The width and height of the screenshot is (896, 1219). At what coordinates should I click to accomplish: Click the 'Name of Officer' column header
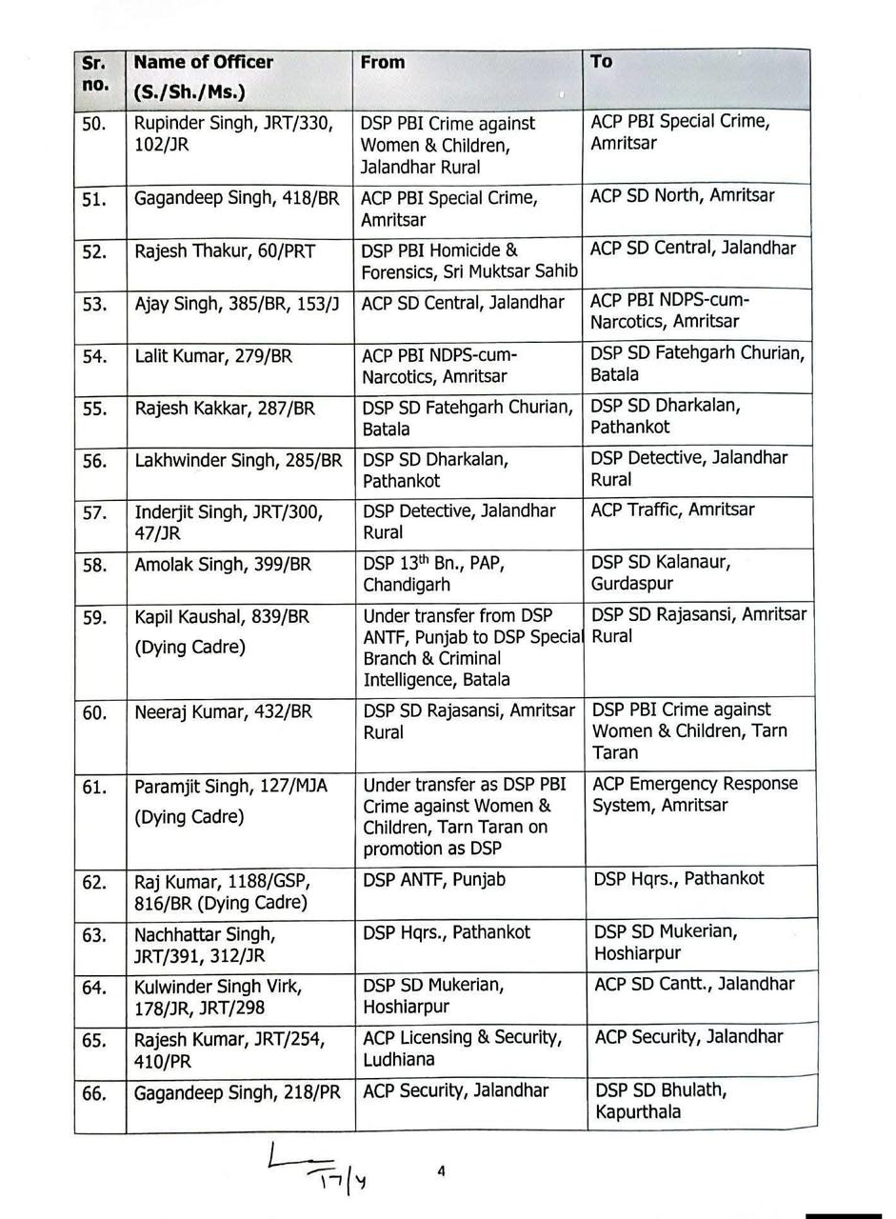pyautogui.click(x=204, y=63)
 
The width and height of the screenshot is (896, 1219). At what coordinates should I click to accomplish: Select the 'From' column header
pyautogui.click(x=383, y=63)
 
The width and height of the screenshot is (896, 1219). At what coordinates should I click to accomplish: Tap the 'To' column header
pyautogui.click(x=601, y=62)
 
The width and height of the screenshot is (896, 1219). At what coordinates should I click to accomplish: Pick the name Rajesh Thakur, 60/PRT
pyautogui.click(x=225, y=251)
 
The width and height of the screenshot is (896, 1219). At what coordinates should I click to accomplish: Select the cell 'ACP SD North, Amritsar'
pyautogui.click(x=683, y=196)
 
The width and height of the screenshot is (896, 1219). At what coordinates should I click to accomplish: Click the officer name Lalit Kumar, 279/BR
pyautogui.click(x=213, y=356)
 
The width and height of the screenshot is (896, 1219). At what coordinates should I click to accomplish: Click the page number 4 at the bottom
pyautogui.click(x=441, y=1172)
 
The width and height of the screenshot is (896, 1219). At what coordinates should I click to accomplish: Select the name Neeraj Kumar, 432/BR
pyautogui.click(x=223, y=711)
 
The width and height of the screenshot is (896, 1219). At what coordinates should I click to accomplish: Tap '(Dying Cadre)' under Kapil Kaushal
pyautogui.click(x=189, y=647)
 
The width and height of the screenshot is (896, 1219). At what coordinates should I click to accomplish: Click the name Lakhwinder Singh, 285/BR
pyautogui.click(x=238, y=461)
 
